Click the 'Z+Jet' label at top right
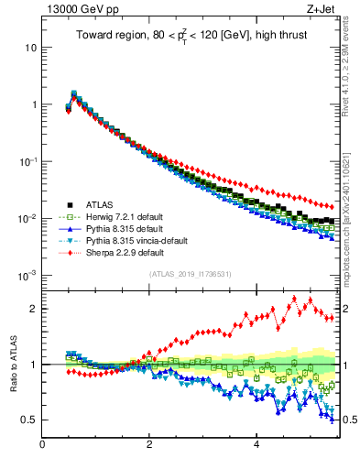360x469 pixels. click(x=321, y=11)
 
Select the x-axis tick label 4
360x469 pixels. click(x=256, y=445)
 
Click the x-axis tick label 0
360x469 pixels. click(x=42, y=445)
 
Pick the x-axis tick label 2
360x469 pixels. click(x=149, y=445)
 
